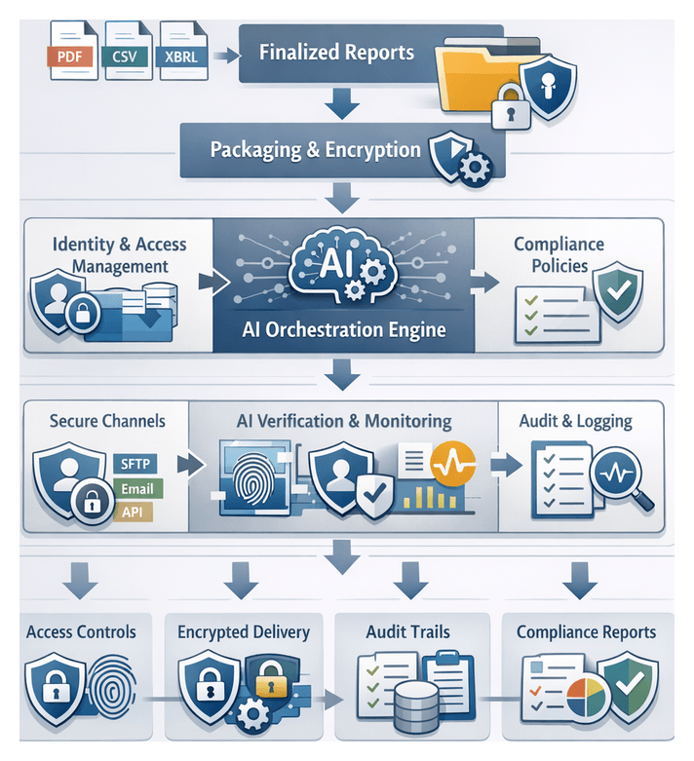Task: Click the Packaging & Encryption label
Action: (x=316, y=150)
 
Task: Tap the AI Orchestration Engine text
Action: (x=343, y=329)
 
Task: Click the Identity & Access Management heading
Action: (x=120, y=254)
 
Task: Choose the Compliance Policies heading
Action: (x=559, y=254)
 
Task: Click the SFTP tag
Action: (x=133, y=463)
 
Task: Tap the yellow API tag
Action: (x=130, y=511)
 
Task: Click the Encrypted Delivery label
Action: (x=244, y=631)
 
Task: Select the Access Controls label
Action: (x=81, y=631)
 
